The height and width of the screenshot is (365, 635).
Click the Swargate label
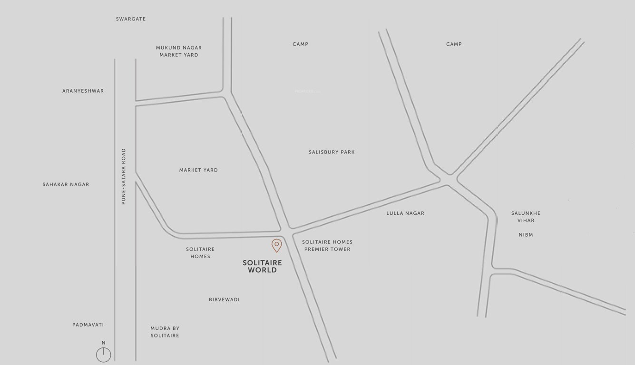coord(131,19)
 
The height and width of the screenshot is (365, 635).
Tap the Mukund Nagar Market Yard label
coord(179,51)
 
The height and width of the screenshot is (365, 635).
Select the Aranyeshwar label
coord(83,91)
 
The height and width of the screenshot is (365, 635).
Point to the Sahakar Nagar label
coord(66,184)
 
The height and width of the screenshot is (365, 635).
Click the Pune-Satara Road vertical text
coord(124,177)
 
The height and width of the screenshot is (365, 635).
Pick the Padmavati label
coord(88,325)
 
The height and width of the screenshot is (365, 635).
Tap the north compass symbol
coord(103,354)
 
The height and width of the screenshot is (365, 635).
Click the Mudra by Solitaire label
coord(165,332)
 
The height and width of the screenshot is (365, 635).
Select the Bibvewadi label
coord(224,299)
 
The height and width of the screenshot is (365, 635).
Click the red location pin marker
coord(276,245)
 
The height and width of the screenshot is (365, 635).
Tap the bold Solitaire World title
coord(262,266)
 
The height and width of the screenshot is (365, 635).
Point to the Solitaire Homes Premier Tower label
coord(327,245)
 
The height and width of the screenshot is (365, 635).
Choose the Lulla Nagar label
coord(405,213)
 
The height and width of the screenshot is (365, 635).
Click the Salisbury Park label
coord(332,152)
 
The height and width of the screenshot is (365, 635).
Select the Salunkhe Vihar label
coord(526,217)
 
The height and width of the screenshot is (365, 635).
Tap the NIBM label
coord(526,235)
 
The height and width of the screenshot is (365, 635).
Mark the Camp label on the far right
coord(454,44)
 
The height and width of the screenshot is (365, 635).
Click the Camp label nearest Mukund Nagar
coord(300,44)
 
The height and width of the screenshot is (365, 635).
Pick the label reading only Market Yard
coord(198,170)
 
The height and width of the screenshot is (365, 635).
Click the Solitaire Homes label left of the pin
coord(200,252)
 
